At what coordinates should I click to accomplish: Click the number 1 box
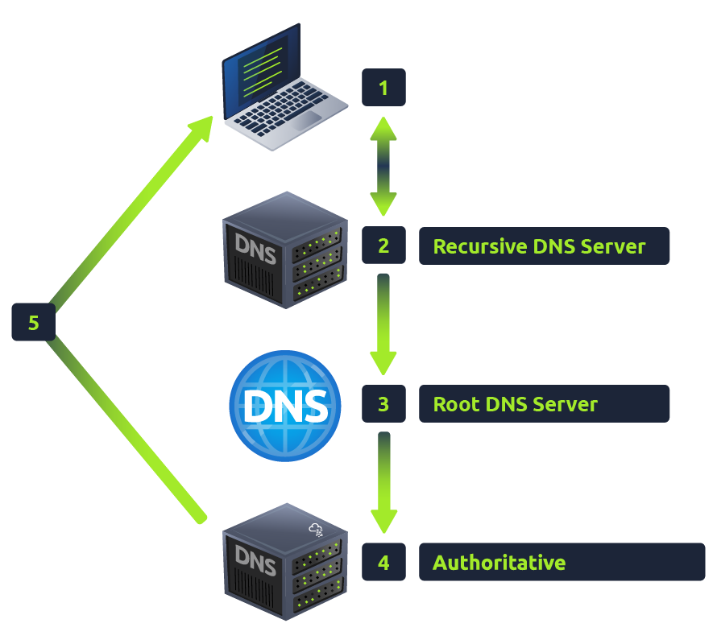(383, 88)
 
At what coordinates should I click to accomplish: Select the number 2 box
(383, 246)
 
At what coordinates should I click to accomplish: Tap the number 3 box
(383, 403)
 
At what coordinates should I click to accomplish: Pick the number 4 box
(383, 562)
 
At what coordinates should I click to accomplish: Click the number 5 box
(33, 323)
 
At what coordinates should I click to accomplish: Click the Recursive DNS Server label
(544, 246)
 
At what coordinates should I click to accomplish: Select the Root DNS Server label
(544, 403)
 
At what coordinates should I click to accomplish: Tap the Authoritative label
(562, 562)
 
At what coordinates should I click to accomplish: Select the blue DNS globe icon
(285, 406)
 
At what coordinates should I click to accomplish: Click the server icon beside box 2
(284, 250)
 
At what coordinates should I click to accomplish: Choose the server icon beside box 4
(284, 562)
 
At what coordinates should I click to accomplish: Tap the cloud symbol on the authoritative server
(317, 530)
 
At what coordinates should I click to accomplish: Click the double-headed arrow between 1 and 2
(383, 167)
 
